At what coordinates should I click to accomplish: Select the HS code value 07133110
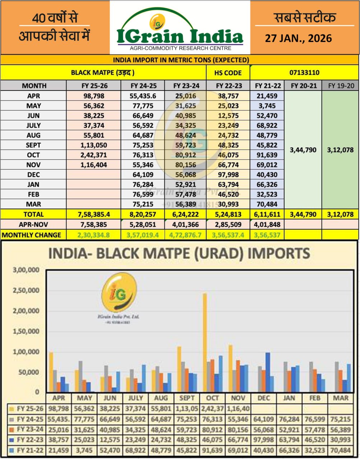click(304, 72)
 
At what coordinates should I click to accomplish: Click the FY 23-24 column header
click(186, 86)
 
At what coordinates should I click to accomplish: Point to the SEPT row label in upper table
click(34, 145)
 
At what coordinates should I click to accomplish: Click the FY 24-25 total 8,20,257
click(142, 214)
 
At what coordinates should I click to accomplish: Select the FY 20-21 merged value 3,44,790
click(303, 150)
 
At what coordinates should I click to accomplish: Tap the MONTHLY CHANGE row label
click(31, 235)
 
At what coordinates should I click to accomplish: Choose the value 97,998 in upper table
click(228, 175)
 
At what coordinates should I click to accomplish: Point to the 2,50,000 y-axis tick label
click(26, 290)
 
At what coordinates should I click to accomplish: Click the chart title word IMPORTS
click(279, 253)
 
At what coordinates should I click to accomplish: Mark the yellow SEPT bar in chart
click(179, 369)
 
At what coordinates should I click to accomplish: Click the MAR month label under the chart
click(340, 398)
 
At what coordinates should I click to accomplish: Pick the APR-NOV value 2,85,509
click(228, 224)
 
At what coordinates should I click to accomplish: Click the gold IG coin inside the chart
click(118, 290)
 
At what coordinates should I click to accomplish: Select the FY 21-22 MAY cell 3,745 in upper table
click(267, 106)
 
